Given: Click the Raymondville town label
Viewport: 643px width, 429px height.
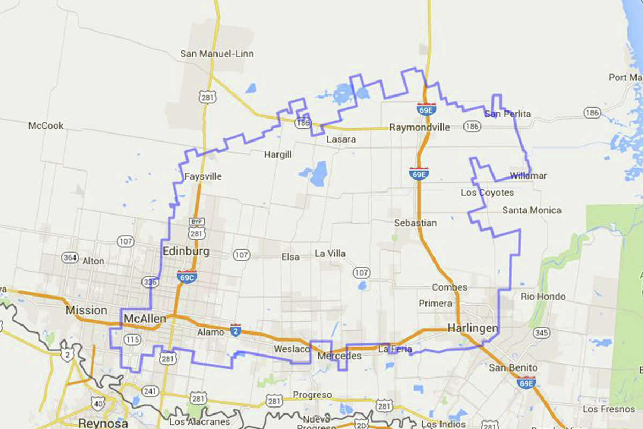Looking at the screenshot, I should click(420, 128).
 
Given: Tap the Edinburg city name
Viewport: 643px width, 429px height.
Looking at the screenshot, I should click(186, 252).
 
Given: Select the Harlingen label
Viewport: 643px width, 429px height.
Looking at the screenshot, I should click(473, 328).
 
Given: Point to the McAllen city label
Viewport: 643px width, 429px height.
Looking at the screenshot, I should click(145, 319).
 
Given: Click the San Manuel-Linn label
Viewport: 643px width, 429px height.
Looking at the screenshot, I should click(216, 54).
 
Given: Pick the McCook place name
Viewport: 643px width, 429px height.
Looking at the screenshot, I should click(46, 125).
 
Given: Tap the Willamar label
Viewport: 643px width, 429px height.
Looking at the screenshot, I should click(528, 175).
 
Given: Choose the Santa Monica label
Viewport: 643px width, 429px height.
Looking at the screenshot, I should click(532, 210).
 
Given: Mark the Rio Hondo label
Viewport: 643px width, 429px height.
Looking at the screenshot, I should click(543, 297).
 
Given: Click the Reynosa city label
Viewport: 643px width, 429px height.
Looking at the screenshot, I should click(103, 423).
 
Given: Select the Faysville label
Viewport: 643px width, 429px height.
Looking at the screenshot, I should click(203, 176).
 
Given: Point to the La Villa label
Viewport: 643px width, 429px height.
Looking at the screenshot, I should click(330, 253).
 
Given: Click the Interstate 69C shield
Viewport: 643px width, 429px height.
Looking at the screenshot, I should click(187, 277).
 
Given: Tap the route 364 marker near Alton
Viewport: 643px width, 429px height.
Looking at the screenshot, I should click(69, 257).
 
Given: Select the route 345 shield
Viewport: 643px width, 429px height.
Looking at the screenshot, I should click(542, 333).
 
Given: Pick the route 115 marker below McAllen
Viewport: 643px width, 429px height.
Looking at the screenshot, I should click(131, 339).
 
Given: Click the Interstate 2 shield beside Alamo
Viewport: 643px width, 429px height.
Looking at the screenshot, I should click(235, 330).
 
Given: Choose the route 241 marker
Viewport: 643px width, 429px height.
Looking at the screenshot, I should click(150, 391).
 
